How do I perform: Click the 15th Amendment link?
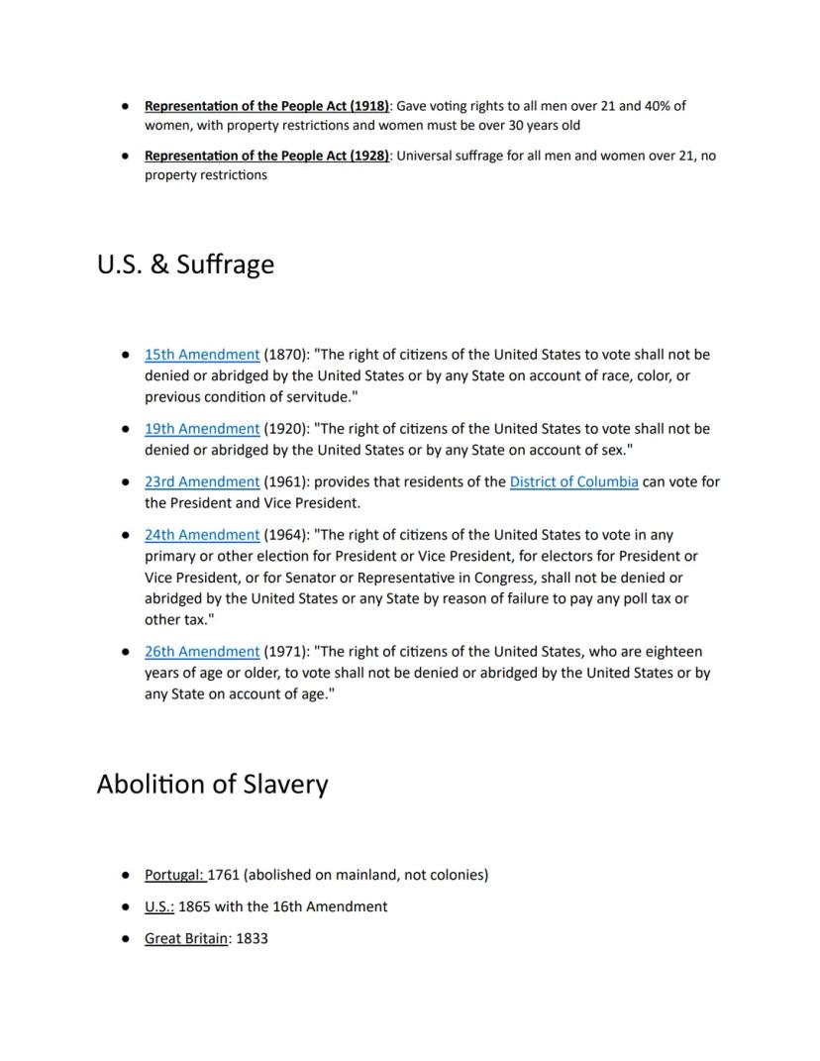(202, 355)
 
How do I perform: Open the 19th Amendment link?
(202, 429)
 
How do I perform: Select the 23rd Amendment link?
(202, 482)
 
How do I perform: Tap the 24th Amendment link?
(202, 535)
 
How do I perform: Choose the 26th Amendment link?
(202, 652)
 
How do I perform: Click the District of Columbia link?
(573, 482)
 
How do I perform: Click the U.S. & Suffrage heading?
(185, 265)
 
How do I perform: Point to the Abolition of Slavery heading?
(212, 785)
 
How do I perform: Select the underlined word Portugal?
(173, 876)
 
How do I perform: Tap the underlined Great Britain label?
(186, 938)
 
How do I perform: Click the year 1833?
(252, 938)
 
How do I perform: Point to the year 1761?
(224, 876)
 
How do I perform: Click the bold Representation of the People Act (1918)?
(266, 106)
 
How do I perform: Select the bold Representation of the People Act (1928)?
(266, 157)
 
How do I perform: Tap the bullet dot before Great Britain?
(126, 938)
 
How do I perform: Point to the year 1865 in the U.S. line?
(195, 906)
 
